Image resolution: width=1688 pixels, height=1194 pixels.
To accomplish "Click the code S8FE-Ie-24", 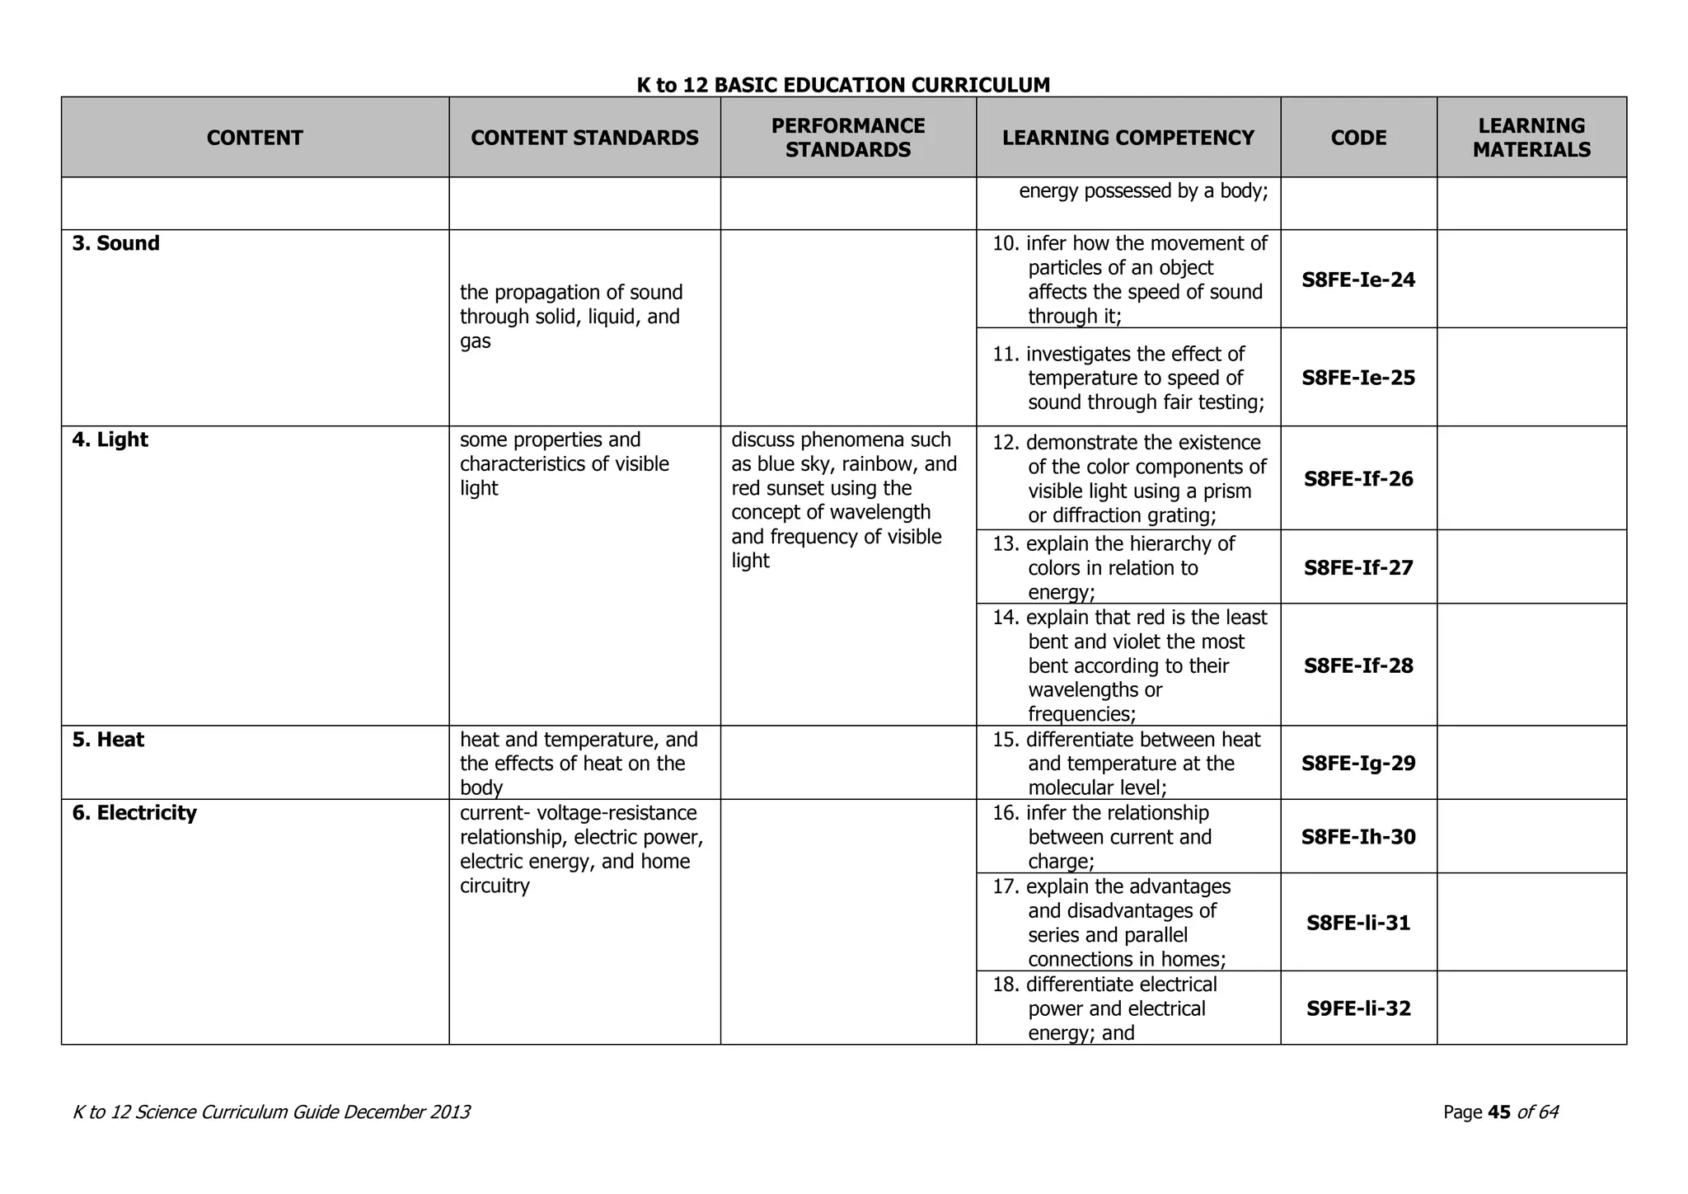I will tap(1358, 280).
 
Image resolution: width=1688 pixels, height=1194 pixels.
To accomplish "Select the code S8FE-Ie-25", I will tap(1358, 378).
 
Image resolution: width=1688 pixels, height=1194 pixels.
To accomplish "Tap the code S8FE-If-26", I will tap(1358, 479).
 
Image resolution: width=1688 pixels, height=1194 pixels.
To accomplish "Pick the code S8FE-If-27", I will tap(1358, 568).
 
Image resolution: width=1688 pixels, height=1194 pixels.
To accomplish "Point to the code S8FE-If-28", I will tap(1358, 666).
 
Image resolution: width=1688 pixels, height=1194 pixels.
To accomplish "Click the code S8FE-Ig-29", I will tap(1358, 764).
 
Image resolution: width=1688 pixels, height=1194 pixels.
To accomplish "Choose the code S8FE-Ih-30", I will tap(1358, 838).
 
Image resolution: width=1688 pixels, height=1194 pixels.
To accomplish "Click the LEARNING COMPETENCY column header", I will tap(1128, 138).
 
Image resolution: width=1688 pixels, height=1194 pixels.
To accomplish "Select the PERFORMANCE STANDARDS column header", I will tap(848, 138).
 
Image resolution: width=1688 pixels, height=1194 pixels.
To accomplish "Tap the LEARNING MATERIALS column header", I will tap(1531, 138).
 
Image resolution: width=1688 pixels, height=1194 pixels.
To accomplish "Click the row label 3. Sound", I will tap(115, 244).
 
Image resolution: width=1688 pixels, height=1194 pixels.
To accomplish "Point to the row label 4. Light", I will tap(110, 440).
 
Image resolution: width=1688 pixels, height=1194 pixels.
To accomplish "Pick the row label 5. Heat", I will tap(108, 740).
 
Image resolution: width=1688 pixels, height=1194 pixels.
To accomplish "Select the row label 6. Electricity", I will tap(134, 814).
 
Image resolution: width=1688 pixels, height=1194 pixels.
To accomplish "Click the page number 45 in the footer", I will tap(1498, 1113).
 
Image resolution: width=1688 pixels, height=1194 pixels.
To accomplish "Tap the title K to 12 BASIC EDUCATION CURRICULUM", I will tap(843, 86).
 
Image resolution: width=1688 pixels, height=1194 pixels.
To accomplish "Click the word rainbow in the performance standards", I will tap(874, 464).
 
